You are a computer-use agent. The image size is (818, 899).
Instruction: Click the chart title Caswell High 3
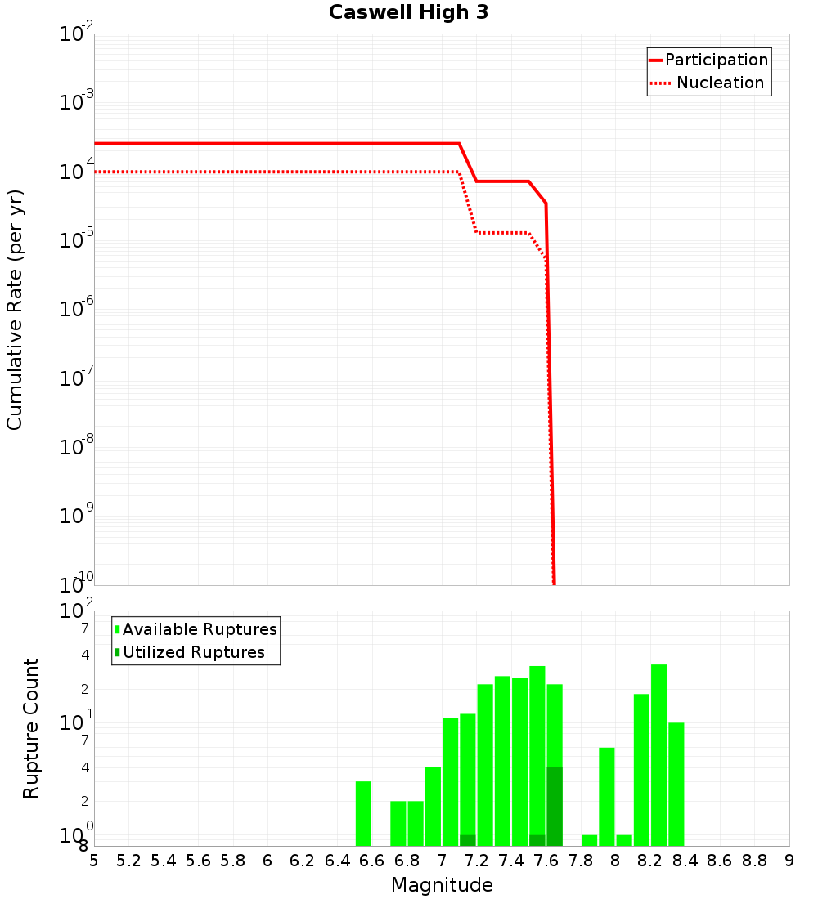coord(408,12)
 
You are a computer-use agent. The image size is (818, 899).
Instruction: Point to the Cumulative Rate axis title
coord(15,310)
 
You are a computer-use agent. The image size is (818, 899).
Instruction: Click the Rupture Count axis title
coord(31,728)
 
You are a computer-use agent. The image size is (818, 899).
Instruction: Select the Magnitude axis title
coord(442,885)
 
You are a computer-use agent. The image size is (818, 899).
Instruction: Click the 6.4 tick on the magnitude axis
coord(337,861)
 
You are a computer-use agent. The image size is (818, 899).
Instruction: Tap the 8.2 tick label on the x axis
coord(650,861)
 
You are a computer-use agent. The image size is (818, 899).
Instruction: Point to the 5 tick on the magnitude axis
coord(94,861)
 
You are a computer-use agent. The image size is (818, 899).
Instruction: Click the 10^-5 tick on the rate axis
coord(77,240)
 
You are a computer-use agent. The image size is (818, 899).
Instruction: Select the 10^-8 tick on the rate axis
coord(77,447)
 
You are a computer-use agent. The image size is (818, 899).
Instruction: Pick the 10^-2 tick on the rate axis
coord(77,34)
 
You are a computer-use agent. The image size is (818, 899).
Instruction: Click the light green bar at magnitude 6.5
coord(363,813)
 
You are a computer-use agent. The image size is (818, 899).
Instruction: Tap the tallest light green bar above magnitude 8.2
coord(658,755)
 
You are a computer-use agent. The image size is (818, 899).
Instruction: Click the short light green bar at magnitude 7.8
coord(589,840)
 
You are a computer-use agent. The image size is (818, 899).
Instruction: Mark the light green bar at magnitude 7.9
coord(606,797)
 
